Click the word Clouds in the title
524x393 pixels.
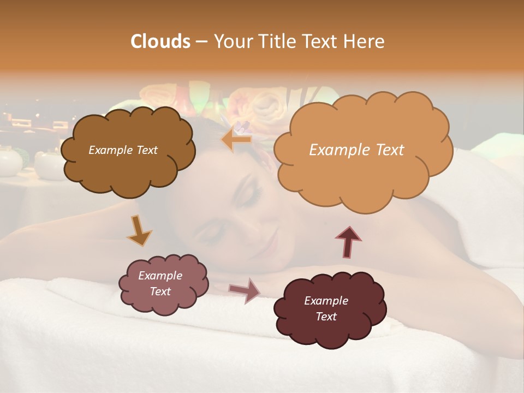160,41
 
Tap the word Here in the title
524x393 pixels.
366,41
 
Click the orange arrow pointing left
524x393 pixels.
236,140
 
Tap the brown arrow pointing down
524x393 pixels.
139,230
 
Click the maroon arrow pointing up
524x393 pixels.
348,241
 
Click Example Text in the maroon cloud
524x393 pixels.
326,308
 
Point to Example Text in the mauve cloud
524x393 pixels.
160,283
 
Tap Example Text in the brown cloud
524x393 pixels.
123,150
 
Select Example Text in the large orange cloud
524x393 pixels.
356,150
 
